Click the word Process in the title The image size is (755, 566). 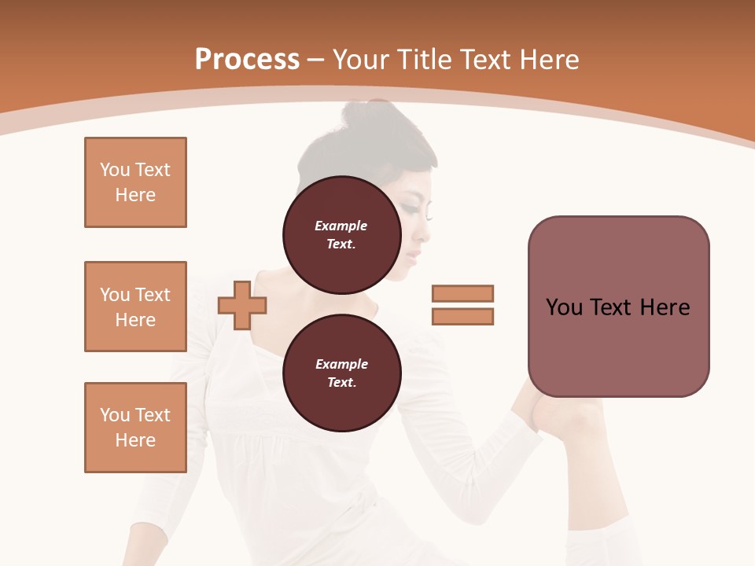247,60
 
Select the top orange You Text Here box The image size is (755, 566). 135,182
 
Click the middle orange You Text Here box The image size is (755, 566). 135,307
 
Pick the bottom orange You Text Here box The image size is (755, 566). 135,428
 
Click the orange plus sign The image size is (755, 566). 241,306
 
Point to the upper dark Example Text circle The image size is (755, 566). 341,235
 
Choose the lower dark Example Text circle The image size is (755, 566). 341,373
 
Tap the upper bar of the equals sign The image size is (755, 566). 462,294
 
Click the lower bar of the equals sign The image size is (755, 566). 462,317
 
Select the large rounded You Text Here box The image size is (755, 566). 618,307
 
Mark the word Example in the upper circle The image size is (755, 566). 341,226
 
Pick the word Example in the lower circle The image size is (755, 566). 341,365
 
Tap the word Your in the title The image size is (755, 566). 362,60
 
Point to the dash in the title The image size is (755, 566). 315,60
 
